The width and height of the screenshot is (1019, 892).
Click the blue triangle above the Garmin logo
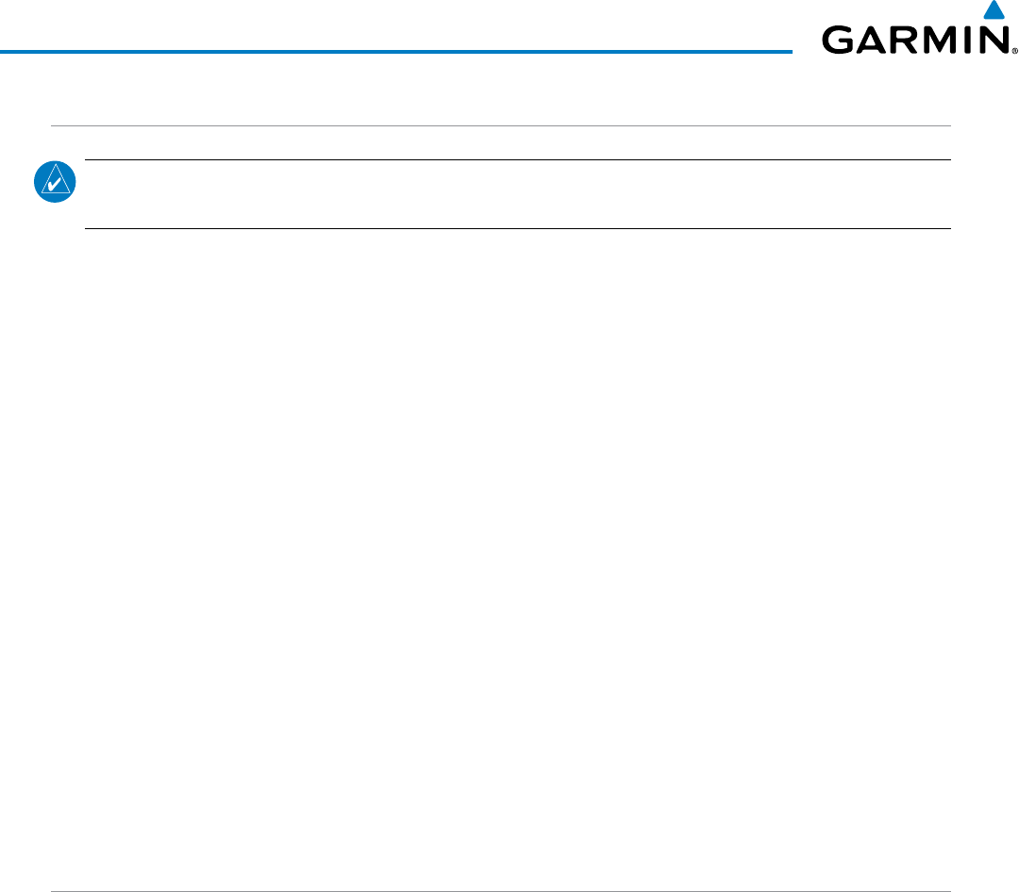click(x=992, y=11)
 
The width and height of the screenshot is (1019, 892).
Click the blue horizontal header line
click(x=396, y=51)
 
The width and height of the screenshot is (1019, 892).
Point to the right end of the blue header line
click(x=790, y=51)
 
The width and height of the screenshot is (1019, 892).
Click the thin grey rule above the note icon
click(x=500, y=126)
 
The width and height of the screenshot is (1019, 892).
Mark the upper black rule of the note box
click(x=517, y=160)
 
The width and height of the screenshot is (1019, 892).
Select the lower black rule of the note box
click(x=517, y=228)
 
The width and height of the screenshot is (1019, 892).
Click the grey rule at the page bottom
click(x=500, y=866)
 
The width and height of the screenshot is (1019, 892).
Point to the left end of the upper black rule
click(x=87, y=160)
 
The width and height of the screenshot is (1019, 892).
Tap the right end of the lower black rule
click(x=948, y=228)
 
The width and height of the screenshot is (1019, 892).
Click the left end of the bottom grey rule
click(x=52, y=866)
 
